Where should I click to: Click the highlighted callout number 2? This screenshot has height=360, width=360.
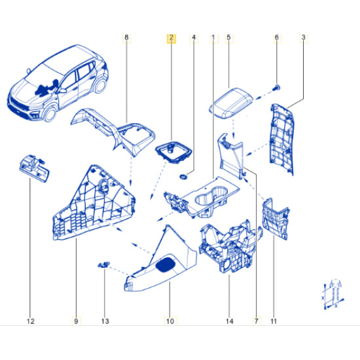click(171, 38)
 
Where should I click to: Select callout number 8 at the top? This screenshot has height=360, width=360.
click(126, 38)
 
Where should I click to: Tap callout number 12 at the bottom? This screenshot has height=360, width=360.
click(31, 321)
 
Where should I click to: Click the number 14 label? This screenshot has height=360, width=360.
click(229, 321)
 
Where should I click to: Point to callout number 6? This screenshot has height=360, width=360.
click(277, 38)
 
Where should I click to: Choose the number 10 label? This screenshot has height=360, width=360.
click(170, 321)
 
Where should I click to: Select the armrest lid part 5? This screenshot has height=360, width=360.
click(232, 103)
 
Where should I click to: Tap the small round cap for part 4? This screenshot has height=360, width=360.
click(183, 177)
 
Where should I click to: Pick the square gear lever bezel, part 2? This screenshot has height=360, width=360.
click(173, 153)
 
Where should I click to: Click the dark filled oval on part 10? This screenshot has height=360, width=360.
click(166, 264)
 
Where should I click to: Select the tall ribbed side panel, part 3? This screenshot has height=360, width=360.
click(281, 139)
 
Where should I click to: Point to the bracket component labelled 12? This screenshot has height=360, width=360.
click(34, 168)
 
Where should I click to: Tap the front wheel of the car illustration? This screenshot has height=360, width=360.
click(50, 114)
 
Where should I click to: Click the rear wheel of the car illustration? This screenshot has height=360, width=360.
click(100, 84)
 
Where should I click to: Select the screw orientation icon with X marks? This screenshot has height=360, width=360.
click(333, 295)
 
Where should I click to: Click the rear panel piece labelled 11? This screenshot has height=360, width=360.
click(276, 219)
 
